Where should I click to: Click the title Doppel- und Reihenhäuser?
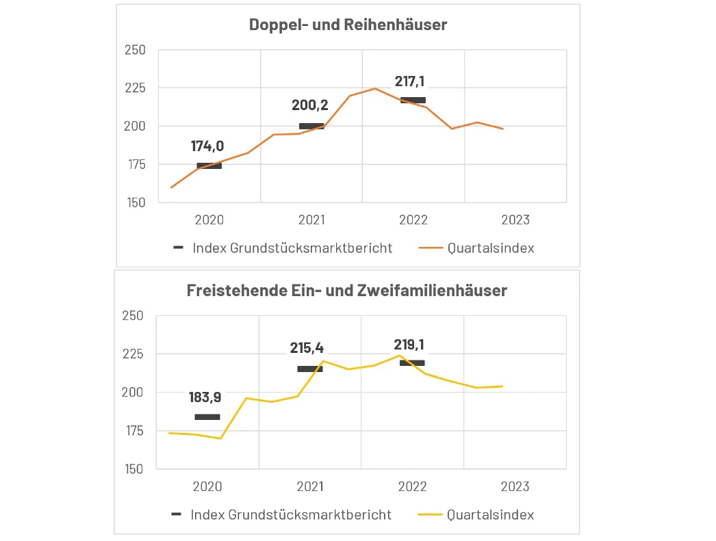348,25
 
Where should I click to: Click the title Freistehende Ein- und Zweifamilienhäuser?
346,290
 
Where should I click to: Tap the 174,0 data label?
207,146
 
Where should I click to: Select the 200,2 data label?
310,105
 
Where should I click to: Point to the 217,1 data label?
409,81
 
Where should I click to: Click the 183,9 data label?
206,397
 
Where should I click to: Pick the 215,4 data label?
307,348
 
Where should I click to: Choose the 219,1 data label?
409,345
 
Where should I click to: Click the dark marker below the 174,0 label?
209,166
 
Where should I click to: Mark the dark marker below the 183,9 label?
207,417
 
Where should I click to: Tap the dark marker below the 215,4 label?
309,369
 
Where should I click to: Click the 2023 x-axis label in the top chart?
515,220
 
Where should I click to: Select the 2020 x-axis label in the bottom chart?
207,487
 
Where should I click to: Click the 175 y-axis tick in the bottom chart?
135,431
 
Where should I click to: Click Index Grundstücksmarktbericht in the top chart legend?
292,248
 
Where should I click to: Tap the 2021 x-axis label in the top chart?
311,220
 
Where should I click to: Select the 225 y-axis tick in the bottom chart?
135,354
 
